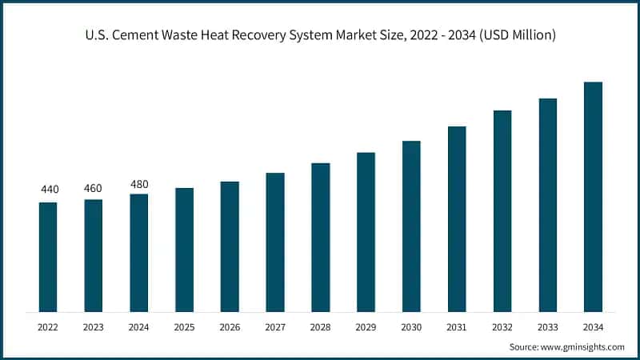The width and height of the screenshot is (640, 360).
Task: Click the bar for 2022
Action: pos(48,257)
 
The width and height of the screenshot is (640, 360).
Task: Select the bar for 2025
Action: pos(184,250)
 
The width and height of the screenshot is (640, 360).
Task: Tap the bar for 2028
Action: pos(321,238)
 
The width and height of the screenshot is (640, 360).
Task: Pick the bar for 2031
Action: pos(457,219)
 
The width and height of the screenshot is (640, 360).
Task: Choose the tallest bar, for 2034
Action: pos(593,197)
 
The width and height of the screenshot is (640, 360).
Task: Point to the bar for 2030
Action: pos(411,226)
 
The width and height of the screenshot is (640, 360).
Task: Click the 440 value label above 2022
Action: pos(50,190)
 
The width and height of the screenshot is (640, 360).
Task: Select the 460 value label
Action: pos(94,188)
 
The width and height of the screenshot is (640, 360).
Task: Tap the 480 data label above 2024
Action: pos(139,184)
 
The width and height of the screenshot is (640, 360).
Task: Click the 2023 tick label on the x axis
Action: pos(94,327)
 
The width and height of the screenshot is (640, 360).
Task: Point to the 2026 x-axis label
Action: pos(230,327)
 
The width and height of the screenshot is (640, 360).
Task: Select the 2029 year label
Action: pos(366,327)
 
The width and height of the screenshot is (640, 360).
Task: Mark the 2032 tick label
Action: pos(502,327)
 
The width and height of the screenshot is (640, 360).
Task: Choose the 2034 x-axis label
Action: pos(593,327)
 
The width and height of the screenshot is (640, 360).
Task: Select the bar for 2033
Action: pos(547,205)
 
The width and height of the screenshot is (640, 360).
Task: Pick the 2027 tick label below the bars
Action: pos(275,327)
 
